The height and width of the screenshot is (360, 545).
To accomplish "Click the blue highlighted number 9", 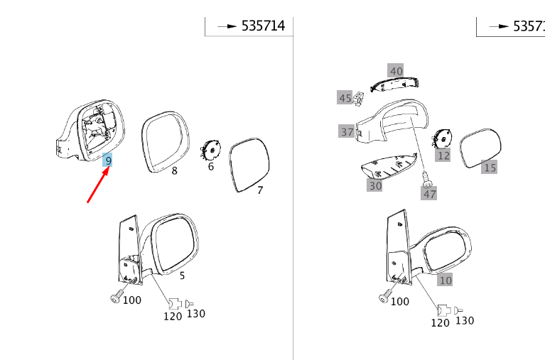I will [x=108, y=161].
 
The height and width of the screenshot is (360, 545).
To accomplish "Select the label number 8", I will [x=174, y=171].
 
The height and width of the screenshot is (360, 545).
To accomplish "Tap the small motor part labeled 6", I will [x=210, y=150].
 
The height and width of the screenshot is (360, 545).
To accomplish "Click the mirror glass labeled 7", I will [x=251, y=164].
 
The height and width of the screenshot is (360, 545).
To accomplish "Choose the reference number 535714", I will [x=263, y=26].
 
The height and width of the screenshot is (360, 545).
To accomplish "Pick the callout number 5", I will [x=182, y=276].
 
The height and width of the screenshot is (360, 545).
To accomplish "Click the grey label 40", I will [x=396, y=71].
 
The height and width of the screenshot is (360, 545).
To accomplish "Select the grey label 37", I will [x=347, y=131].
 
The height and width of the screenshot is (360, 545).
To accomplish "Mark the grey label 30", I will [x=375, y=185].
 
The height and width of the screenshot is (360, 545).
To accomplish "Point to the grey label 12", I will [x=443, y=155].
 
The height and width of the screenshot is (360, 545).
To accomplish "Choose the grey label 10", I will [x=445, y=280].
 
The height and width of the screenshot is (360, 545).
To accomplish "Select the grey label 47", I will [x=429, y=193].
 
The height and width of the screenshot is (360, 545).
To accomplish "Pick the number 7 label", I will [x=260, y=190].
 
